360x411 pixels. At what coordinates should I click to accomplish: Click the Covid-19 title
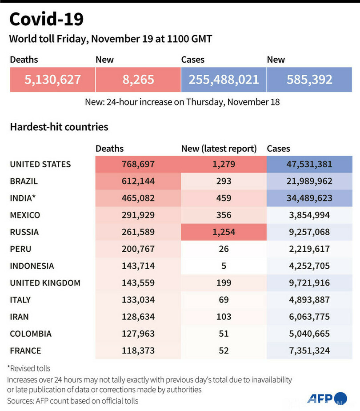click(x=47, y=19)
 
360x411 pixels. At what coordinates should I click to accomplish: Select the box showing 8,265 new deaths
click(x=138, y=80)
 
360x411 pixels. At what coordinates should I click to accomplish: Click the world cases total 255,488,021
click(x=224, y=80)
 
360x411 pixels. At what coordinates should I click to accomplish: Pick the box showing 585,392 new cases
click(x=309, y=80)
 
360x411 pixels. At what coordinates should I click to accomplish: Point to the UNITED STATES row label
click(x=40, y=165)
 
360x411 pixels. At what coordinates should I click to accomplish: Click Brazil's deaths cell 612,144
click(x=138, y=181)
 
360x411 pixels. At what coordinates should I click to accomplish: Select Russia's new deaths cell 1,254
click(x=224, y=232)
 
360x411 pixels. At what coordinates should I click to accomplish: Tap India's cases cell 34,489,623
click(x=309, y=198)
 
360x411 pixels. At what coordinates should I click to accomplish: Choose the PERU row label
click(x=21, y=249)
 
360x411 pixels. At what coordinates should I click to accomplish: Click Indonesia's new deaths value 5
click(x=224, y=266)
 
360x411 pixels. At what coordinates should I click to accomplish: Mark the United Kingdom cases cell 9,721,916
click(x=309, y=283)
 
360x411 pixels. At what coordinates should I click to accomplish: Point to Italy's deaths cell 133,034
click(x=138, y=300)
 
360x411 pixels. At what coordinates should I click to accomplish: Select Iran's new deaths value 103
click(x=224, y=317)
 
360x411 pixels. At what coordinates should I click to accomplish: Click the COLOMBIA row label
click(x=31, y=334)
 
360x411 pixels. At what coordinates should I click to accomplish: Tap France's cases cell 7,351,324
click(x=309, y=351)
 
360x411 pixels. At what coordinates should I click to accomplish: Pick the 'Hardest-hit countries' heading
click(x=59, y=127)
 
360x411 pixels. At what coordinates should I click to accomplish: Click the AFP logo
click(x=327, y=398)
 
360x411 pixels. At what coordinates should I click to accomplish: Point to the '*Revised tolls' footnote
click(x=29, y=368)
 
